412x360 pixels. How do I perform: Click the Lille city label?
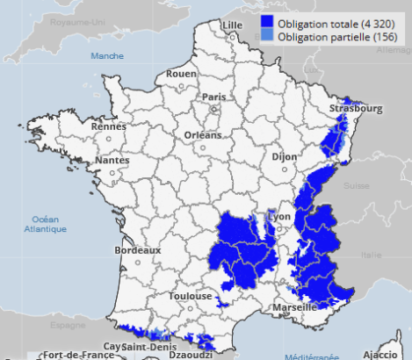[233, 24]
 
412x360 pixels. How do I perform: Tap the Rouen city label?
[182, 74]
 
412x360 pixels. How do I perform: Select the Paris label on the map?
[214, 97]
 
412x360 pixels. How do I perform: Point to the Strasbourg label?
[357, 109]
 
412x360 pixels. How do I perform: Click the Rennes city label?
[109, 126]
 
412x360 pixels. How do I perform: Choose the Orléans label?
[203, 135]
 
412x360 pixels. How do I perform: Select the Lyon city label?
[280, 216]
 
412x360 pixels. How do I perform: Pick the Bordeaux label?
[138, 250]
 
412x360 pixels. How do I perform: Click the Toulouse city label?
[191, 296]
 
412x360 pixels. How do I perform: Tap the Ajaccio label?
[379, 354]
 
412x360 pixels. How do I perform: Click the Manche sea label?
[107, 55]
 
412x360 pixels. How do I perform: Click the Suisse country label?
[356, 186]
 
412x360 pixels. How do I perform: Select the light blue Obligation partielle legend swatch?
[269, 37]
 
